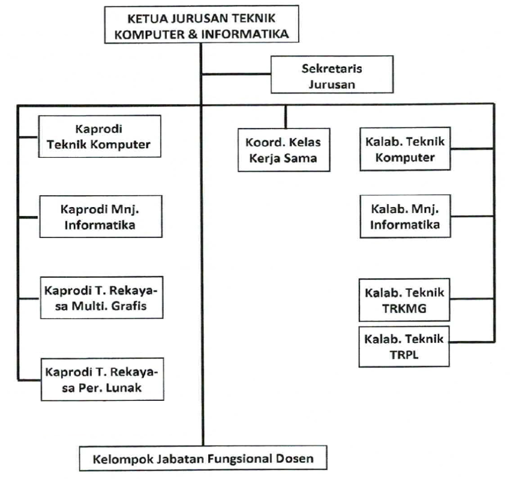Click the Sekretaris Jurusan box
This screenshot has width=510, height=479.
(x=332, y=75)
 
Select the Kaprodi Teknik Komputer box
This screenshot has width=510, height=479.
(x=100, y=136)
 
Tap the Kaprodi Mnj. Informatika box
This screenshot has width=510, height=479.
(x=100, y=217)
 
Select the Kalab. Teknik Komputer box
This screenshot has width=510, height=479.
(x=405, y=149)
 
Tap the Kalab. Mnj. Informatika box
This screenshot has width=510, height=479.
(x=405, y=217)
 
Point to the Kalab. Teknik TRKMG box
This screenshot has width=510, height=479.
(x=405, y=301)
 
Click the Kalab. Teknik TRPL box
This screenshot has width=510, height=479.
(x=405, y=346)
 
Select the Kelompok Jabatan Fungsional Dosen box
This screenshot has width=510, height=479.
(x=204, y=458)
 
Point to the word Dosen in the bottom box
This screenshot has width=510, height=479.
(x=297, y=458)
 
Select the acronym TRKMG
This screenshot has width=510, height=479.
(x=404, y=309)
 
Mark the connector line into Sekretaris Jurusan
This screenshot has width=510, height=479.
(x=236, y=75)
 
